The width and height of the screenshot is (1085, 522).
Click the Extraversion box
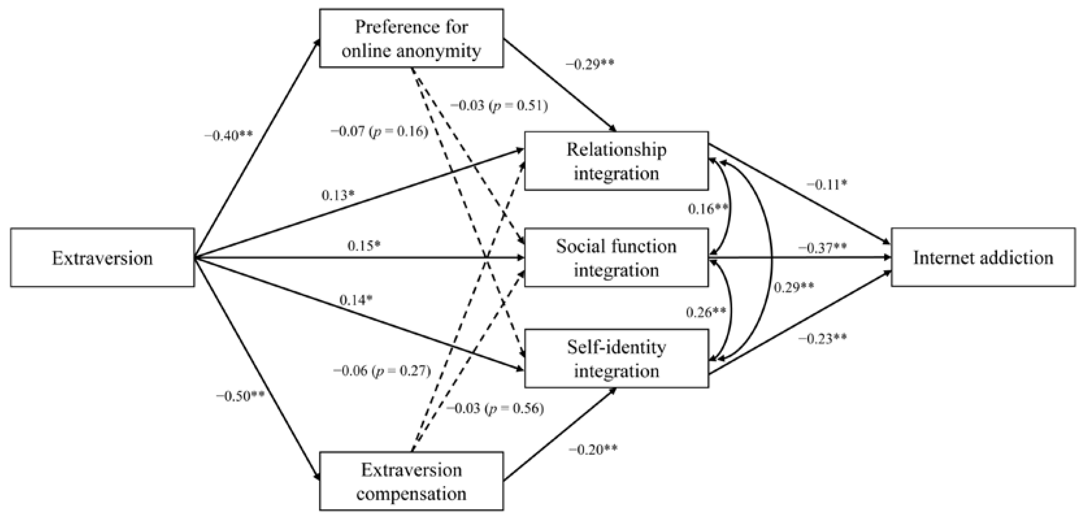pos(102,258)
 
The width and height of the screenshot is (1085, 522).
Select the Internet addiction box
pos(983,257)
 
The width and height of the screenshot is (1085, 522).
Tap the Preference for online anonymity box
pos(411,38)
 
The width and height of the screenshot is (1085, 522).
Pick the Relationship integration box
pos(616,161)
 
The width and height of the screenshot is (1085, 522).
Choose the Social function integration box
pos(616,258)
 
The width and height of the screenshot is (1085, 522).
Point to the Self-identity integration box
pos(616,359)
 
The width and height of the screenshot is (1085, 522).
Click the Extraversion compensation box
pos(411,481)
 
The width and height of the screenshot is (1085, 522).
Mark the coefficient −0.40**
pos(229,136)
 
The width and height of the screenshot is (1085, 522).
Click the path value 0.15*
pos(364,246)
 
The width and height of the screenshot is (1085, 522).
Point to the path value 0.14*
pos(356,300)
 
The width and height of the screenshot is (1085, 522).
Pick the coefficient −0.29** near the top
pos(590,64)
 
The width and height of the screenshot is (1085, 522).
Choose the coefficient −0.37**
pos(822,247)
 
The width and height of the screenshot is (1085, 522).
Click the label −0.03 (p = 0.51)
pos(499,105)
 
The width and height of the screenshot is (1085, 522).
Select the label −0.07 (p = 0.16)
pos(380,131)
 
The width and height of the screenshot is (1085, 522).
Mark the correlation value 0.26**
pos(706,312)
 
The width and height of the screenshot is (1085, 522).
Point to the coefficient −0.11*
pos(826,185)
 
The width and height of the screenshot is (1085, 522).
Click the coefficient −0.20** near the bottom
pos(593,450)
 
